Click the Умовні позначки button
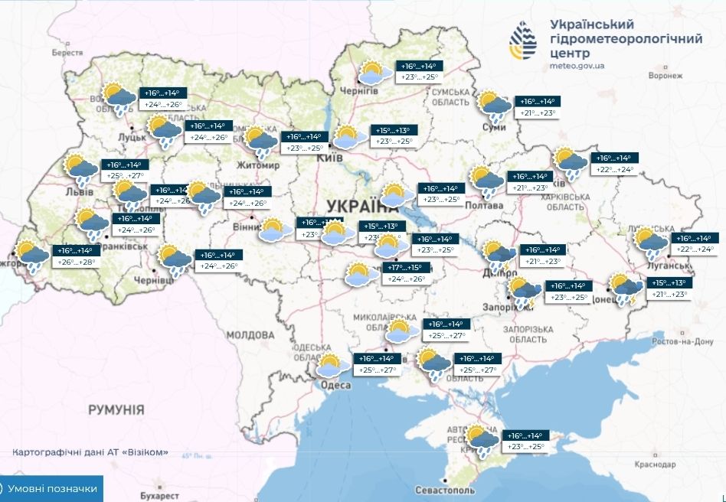click(x=51, y=488)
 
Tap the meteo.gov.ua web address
click(x=577, y=66)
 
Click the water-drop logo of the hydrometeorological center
click(x=527, y=38)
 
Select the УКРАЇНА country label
click(x=358, y=205)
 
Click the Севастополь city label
click(x=443, y=490)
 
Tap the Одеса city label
click(x=337, y=385)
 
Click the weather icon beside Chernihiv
click(x=374, y=73)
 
